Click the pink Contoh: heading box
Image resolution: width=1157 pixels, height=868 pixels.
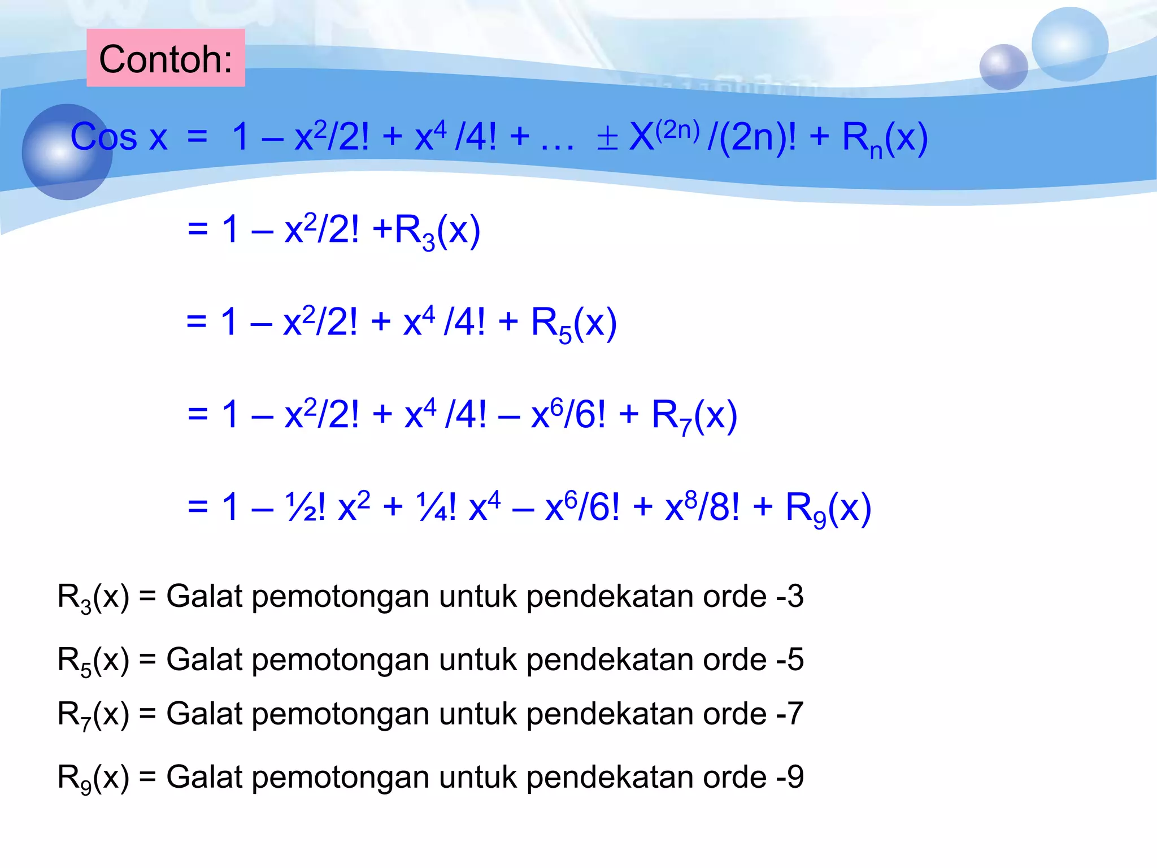pyautogui.click(x=166, y=58)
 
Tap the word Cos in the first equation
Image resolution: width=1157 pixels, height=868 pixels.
pyautogui.click(x=104, y=137)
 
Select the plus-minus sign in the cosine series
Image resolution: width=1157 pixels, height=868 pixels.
pyautogui.click(x=607, y=138)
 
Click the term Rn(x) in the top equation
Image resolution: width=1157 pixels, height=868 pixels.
pyautogui.click(x=884, y=138)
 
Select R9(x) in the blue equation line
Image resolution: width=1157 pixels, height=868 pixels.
pyautogui.click(x=828, y=509)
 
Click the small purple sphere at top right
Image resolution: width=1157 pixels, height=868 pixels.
pyautogui.click(x=1003, y=67)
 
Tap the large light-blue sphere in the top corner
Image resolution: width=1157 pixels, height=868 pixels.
pyautogui.click(x=1069, y=44)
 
